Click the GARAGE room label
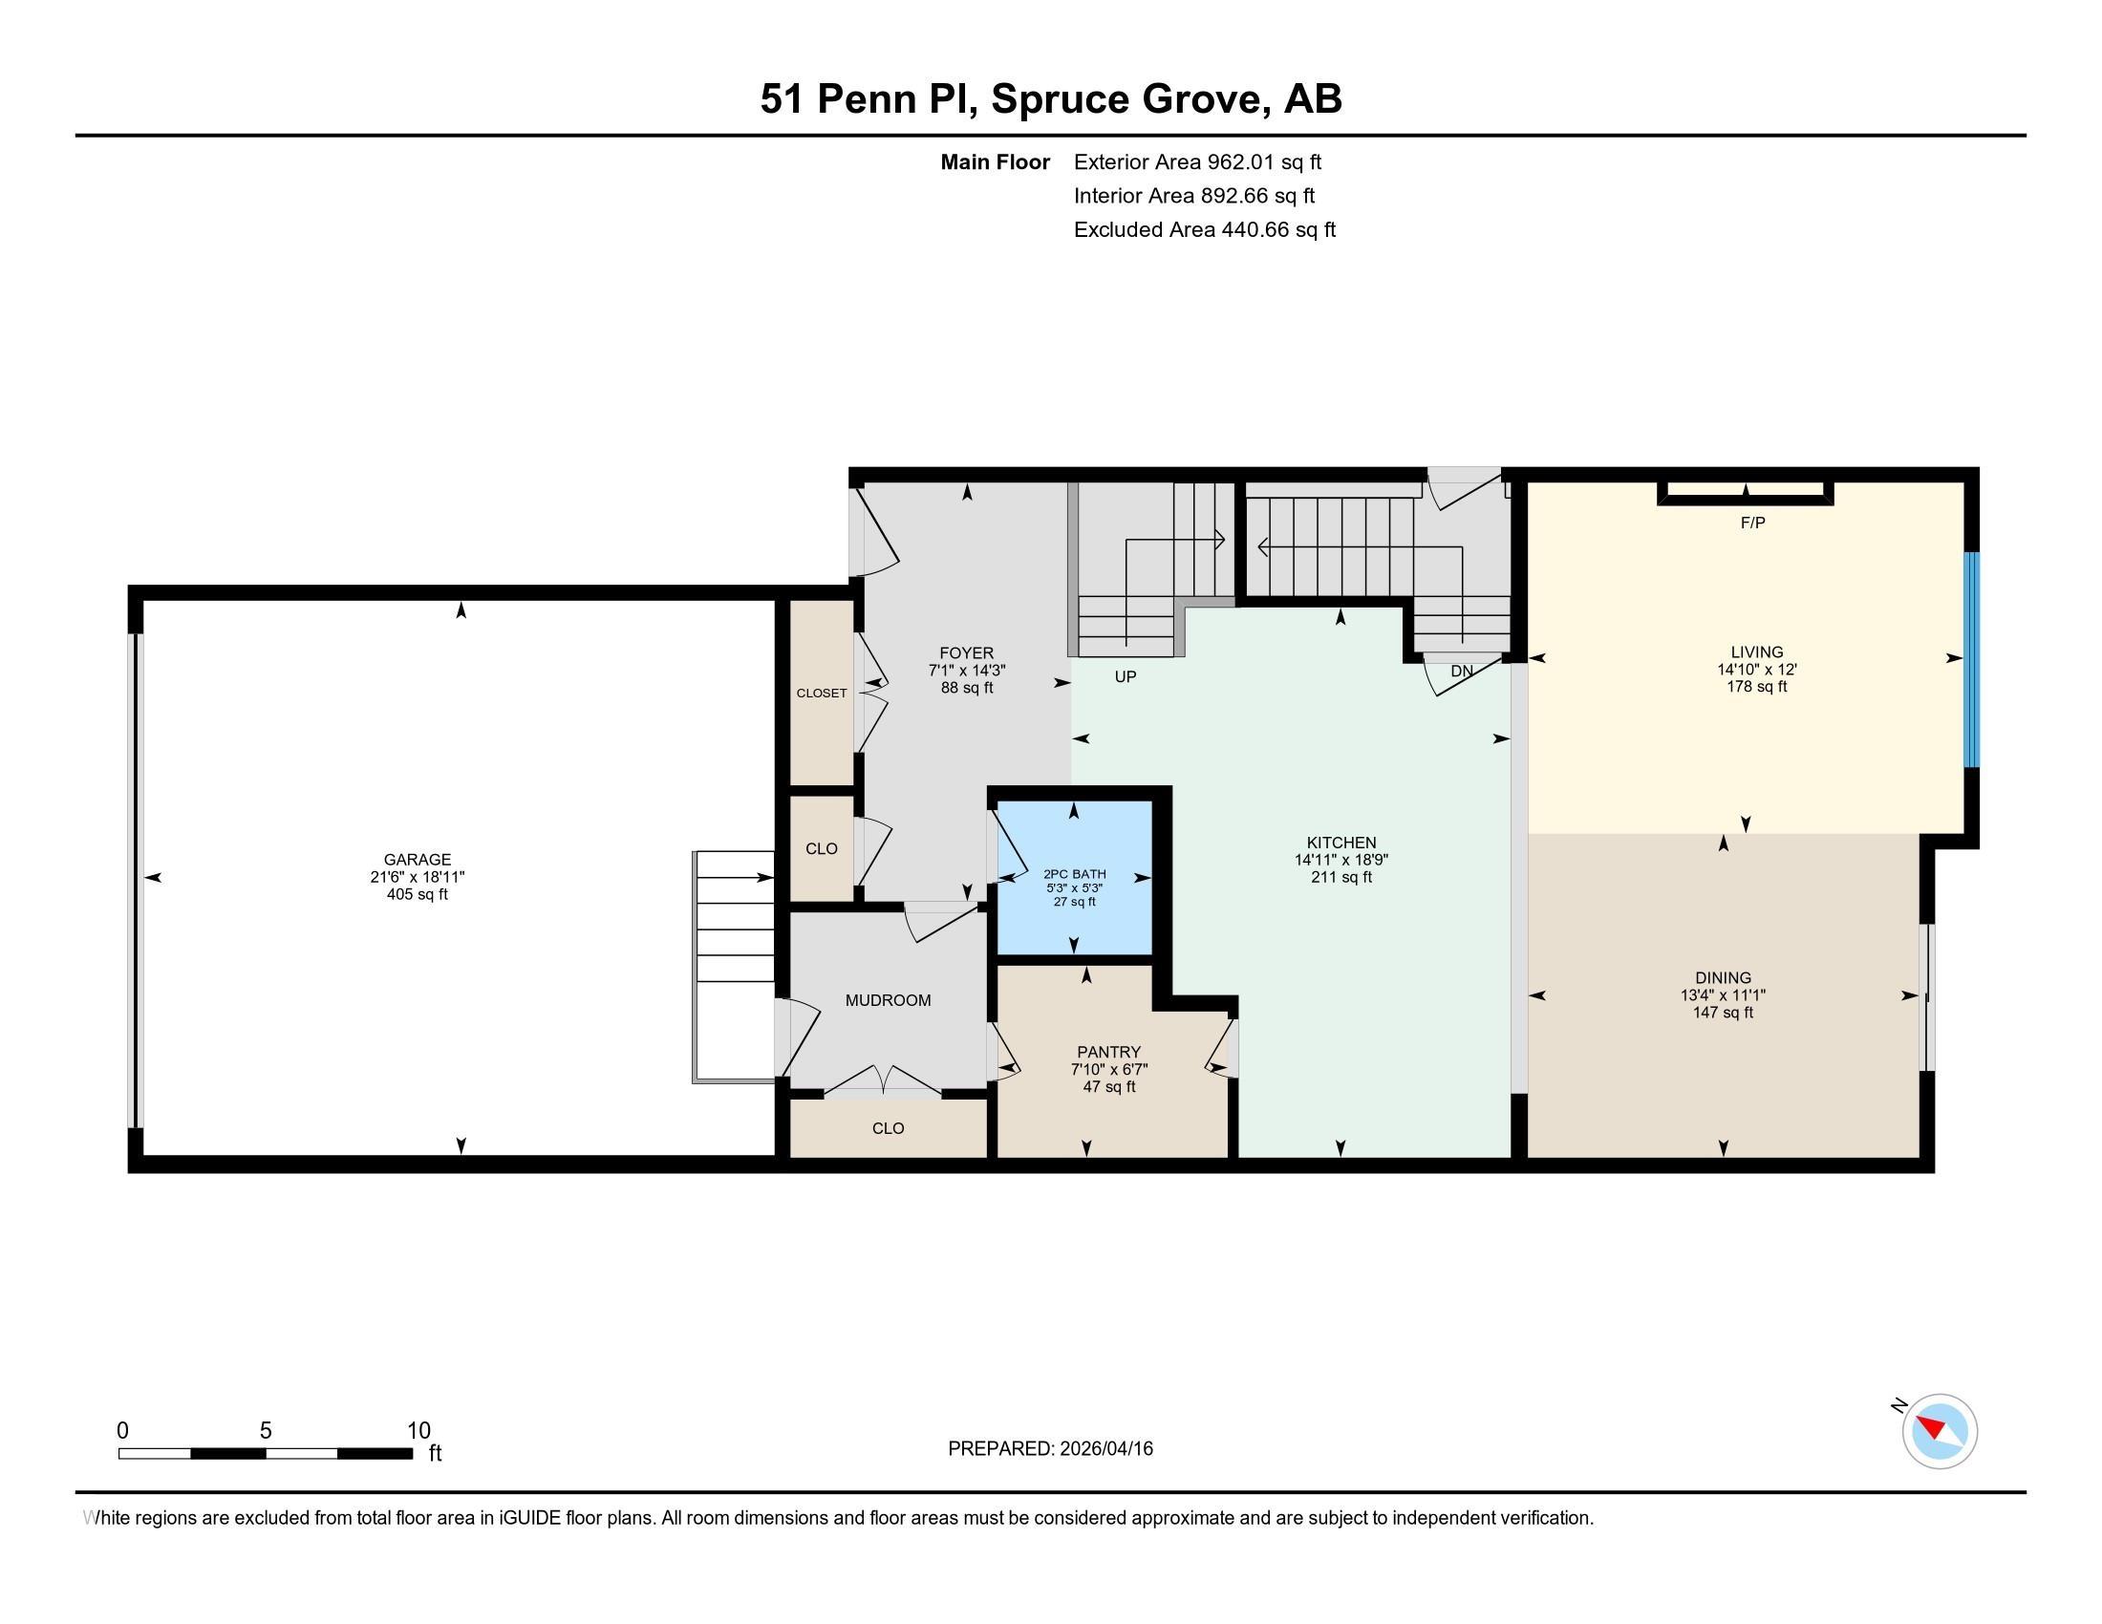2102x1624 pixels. click(x=417, y=860)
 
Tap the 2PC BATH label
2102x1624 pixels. click(x=1075, y=874)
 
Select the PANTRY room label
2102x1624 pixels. click(x=1108, y=1053)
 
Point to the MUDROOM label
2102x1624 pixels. click(x=889, y=1000)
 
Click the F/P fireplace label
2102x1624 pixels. click(x=1752, y=524)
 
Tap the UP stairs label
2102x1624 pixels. click(x=1126, y=676)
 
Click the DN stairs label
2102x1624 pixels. click(x=1462, y=671)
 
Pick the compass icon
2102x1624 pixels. click(x=1940, y=1431)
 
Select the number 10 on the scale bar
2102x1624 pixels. click(x=418, y=1431)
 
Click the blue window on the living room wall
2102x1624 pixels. click(x=1971, y=659)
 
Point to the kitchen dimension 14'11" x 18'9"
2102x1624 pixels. click(x=1341, y=860)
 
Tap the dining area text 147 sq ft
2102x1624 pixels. click(x=1723, y=1012)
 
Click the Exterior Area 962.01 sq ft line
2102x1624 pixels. click(x=1198, y=162)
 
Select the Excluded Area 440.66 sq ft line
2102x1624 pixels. click(x=1205, y=230)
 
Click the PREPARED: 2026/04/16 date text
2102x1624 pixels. click(x=1050, y=1449)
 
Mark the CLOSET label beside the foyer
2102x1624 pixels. click(x=822, y=693)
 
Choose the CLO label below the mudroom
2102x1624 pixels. click(x=889, y=1128)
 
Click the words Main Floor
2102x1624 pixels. click(x=996, y=162)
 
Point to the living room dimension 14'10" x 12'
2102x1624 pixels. click(x=1756, y=670)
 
